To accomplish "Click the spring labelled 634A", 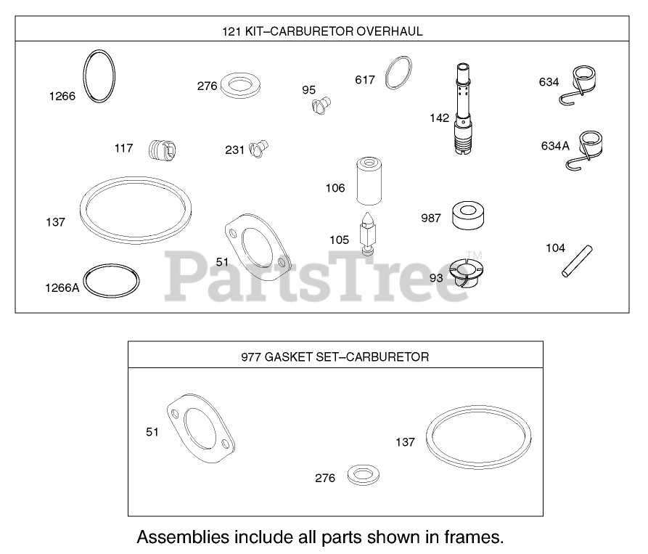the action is point(588,149).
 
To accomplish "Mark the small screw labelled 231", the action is point(259,150).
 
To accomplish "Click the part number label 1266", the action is point(62,96).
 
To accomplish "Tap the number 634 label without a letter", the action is point(549,82).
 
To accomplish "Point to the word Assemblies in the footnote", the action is point(182,538).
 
